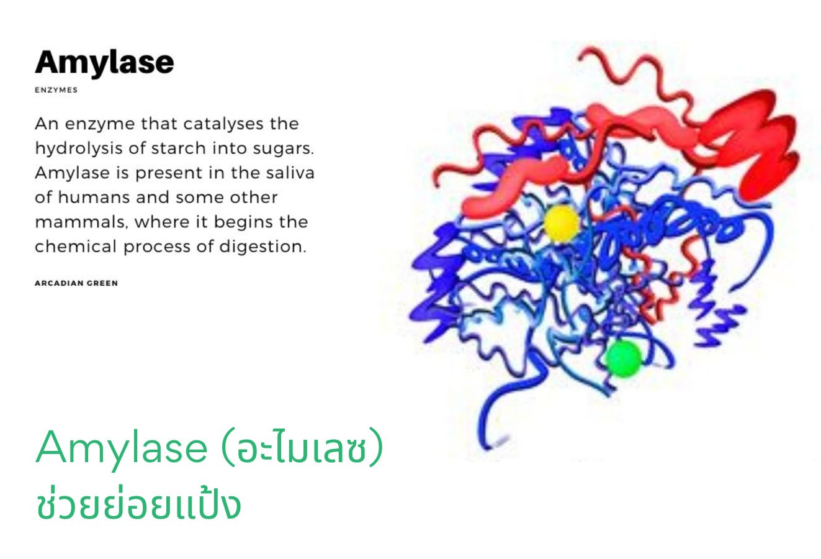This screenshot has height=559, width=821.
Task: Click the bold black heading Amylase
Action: point(104,63)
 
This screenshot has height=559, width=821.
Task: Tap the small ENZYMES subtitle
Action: point(56,90)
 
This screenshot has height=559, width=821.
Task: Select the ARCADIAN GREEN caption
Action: point(76,283)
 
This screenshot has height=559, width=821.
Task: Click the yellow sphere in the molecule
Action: point(561,224)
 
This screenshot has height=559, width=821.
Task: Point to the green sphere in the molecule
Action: point(624,359)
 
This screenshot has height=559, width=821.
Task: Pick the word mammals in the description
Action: point(81,222)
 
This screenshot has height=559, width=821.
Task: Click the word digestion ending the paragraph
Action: point(262,247)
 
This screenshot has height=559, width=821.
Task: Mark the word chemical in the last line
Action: point(76,247)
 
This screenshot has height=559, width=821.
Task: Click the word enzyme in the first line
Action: point(100,124)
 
